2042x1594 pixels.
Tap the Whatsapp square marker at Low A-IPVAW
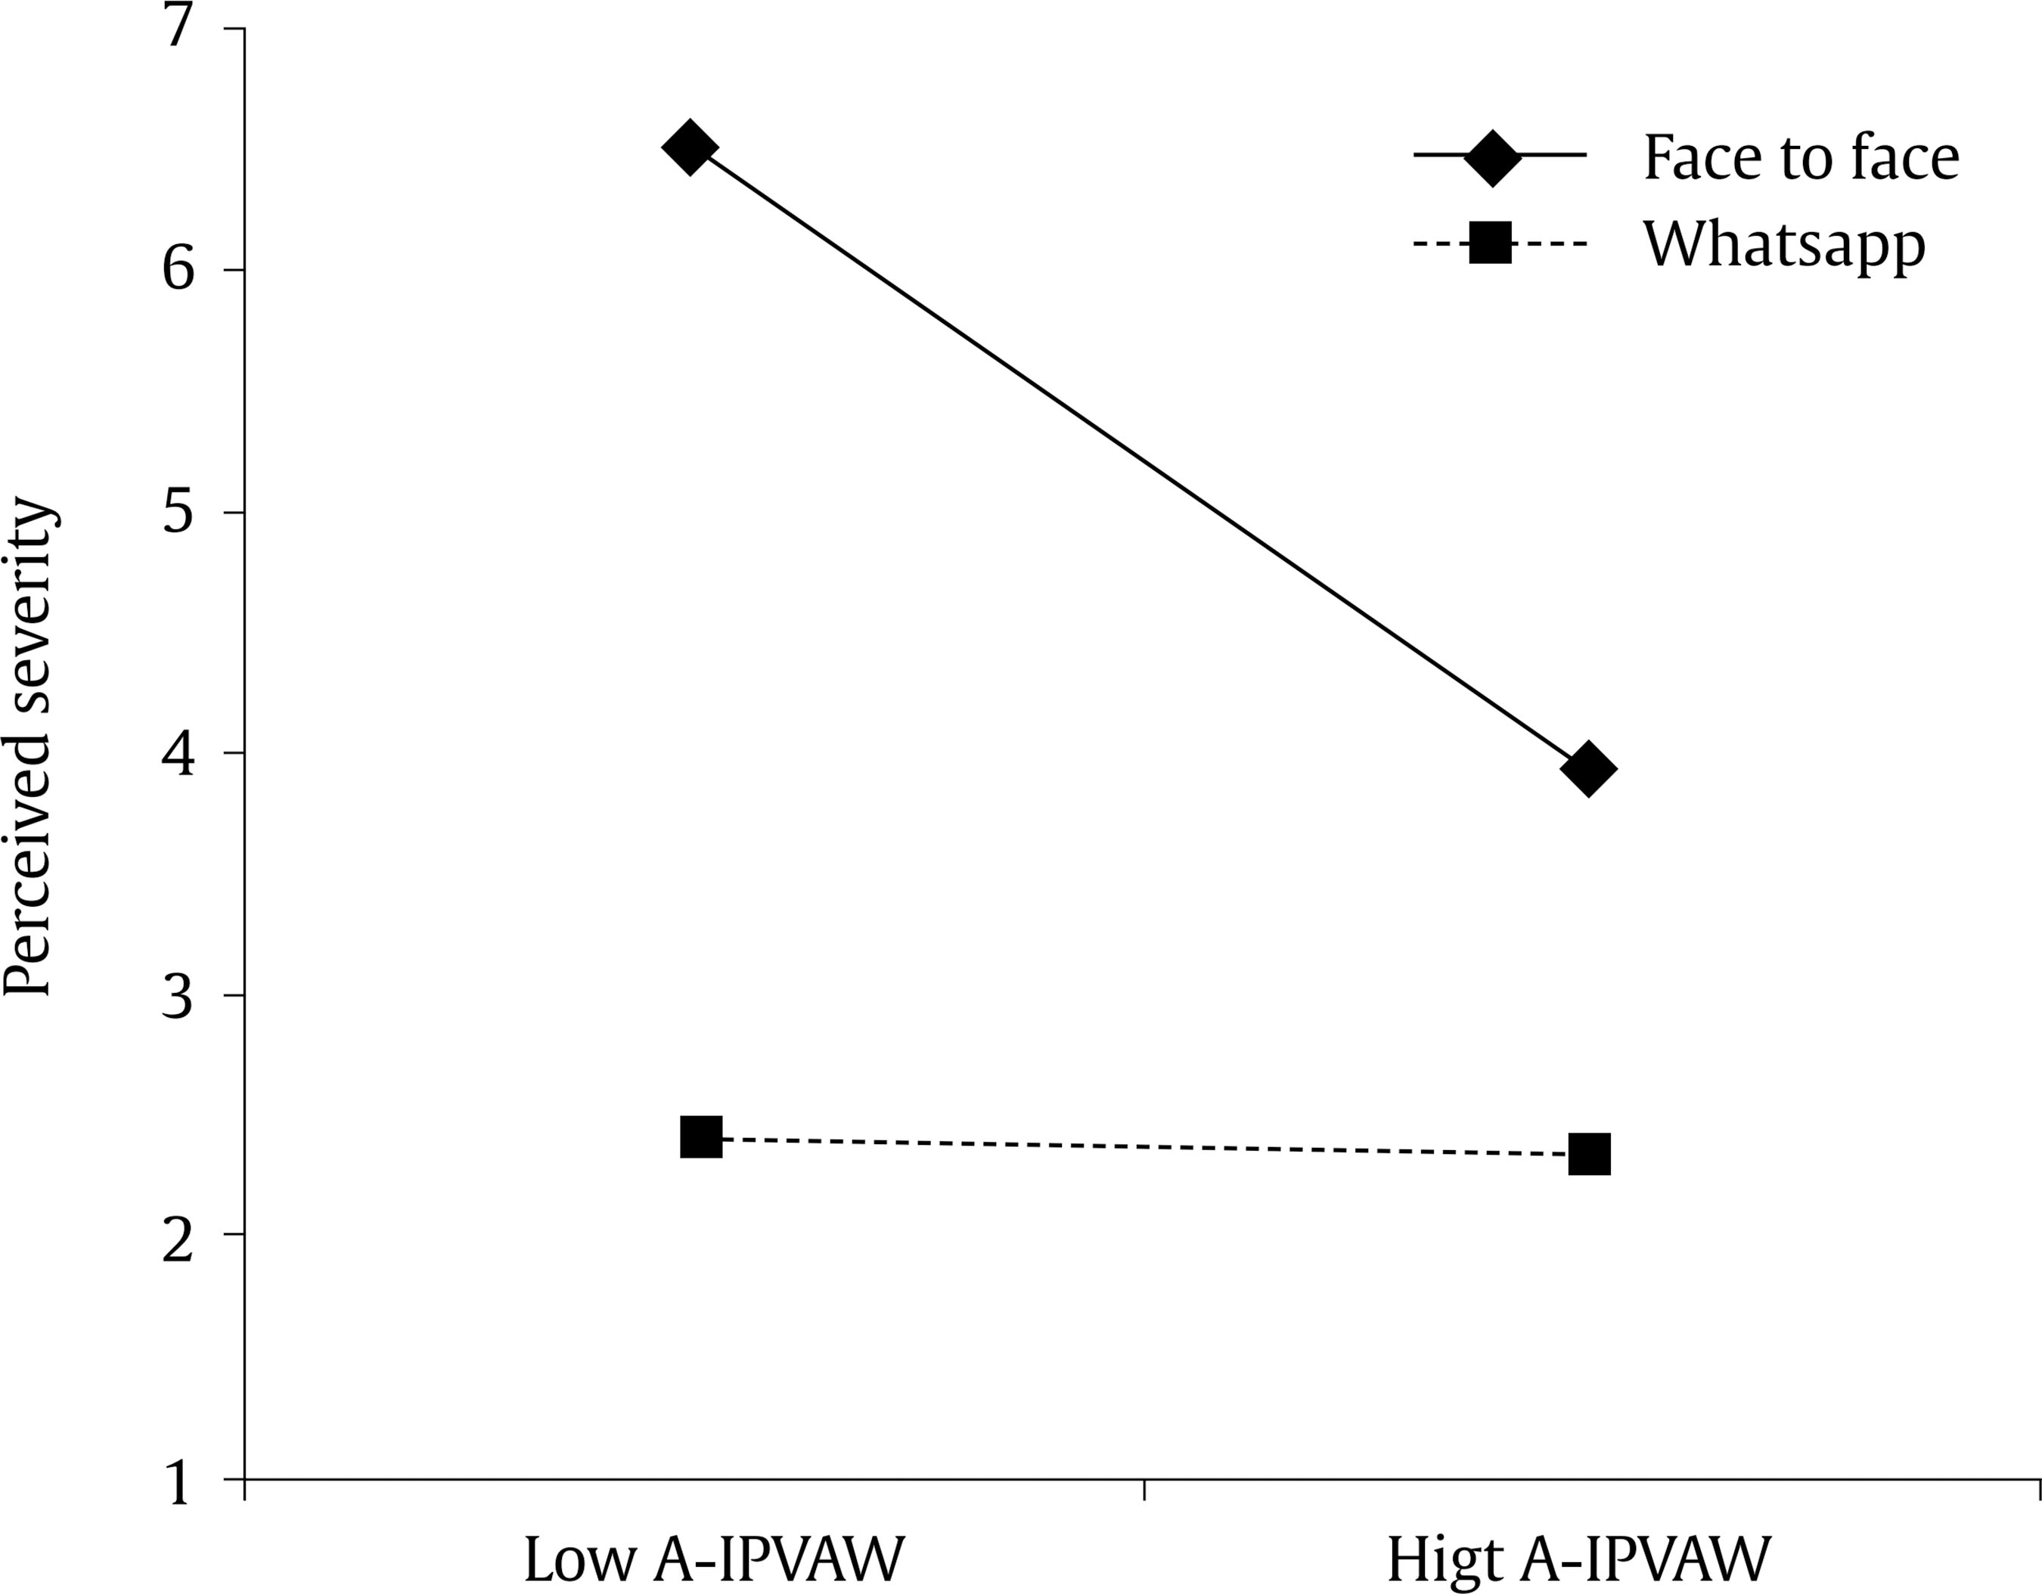701,1137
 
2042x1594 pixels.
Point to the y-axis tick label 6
178,270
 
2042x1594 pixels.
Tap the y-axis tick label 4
178,754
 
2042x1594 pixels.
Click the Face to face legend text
1801,157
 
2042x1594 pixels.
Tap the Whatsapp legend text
1784,245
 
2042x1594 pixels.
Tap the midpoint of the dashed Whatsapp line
1145,1146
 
